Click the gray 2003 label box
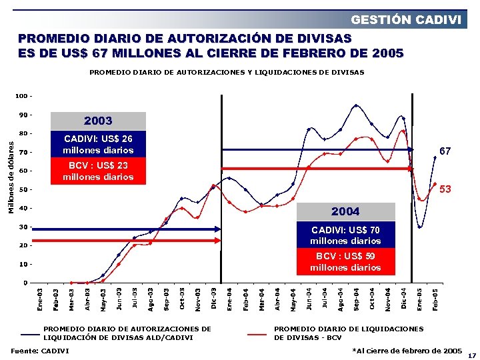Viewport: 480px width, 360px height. tap(98, 121)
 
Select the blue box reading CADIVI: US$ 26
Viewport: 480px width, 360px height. tap(98, 144)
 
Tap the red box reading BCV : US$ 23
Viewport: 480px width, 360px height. tap(98, 171)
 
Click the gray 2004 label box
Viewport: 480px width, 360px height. tap(345, 211)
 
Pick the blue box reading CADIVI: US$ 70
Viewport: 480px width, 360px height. tap(345, 235)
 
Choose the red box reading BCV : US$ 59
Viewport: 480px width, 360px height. tap(345, 261)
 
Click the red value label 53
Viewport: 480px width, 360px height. tap(445, 189)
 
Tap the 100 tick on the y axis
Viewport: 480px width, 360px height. tap(22, 97)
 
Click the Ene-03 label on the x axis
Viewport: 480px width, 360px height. tap(39, 298)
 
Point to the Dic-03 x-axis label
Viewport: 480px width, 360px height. tap(214, 298)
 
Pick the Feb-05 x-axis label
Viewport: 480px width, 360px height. tap(435, 298)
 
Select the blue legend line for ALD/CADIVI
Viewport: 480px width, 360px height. tap(31, 333)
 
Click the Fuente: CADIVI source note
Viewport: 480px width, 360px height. tap(40, 351)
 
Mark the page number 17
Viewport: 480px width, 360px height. tap(472, 355)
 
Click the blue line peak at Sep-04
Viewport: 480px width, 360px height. tap(356, 105)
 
